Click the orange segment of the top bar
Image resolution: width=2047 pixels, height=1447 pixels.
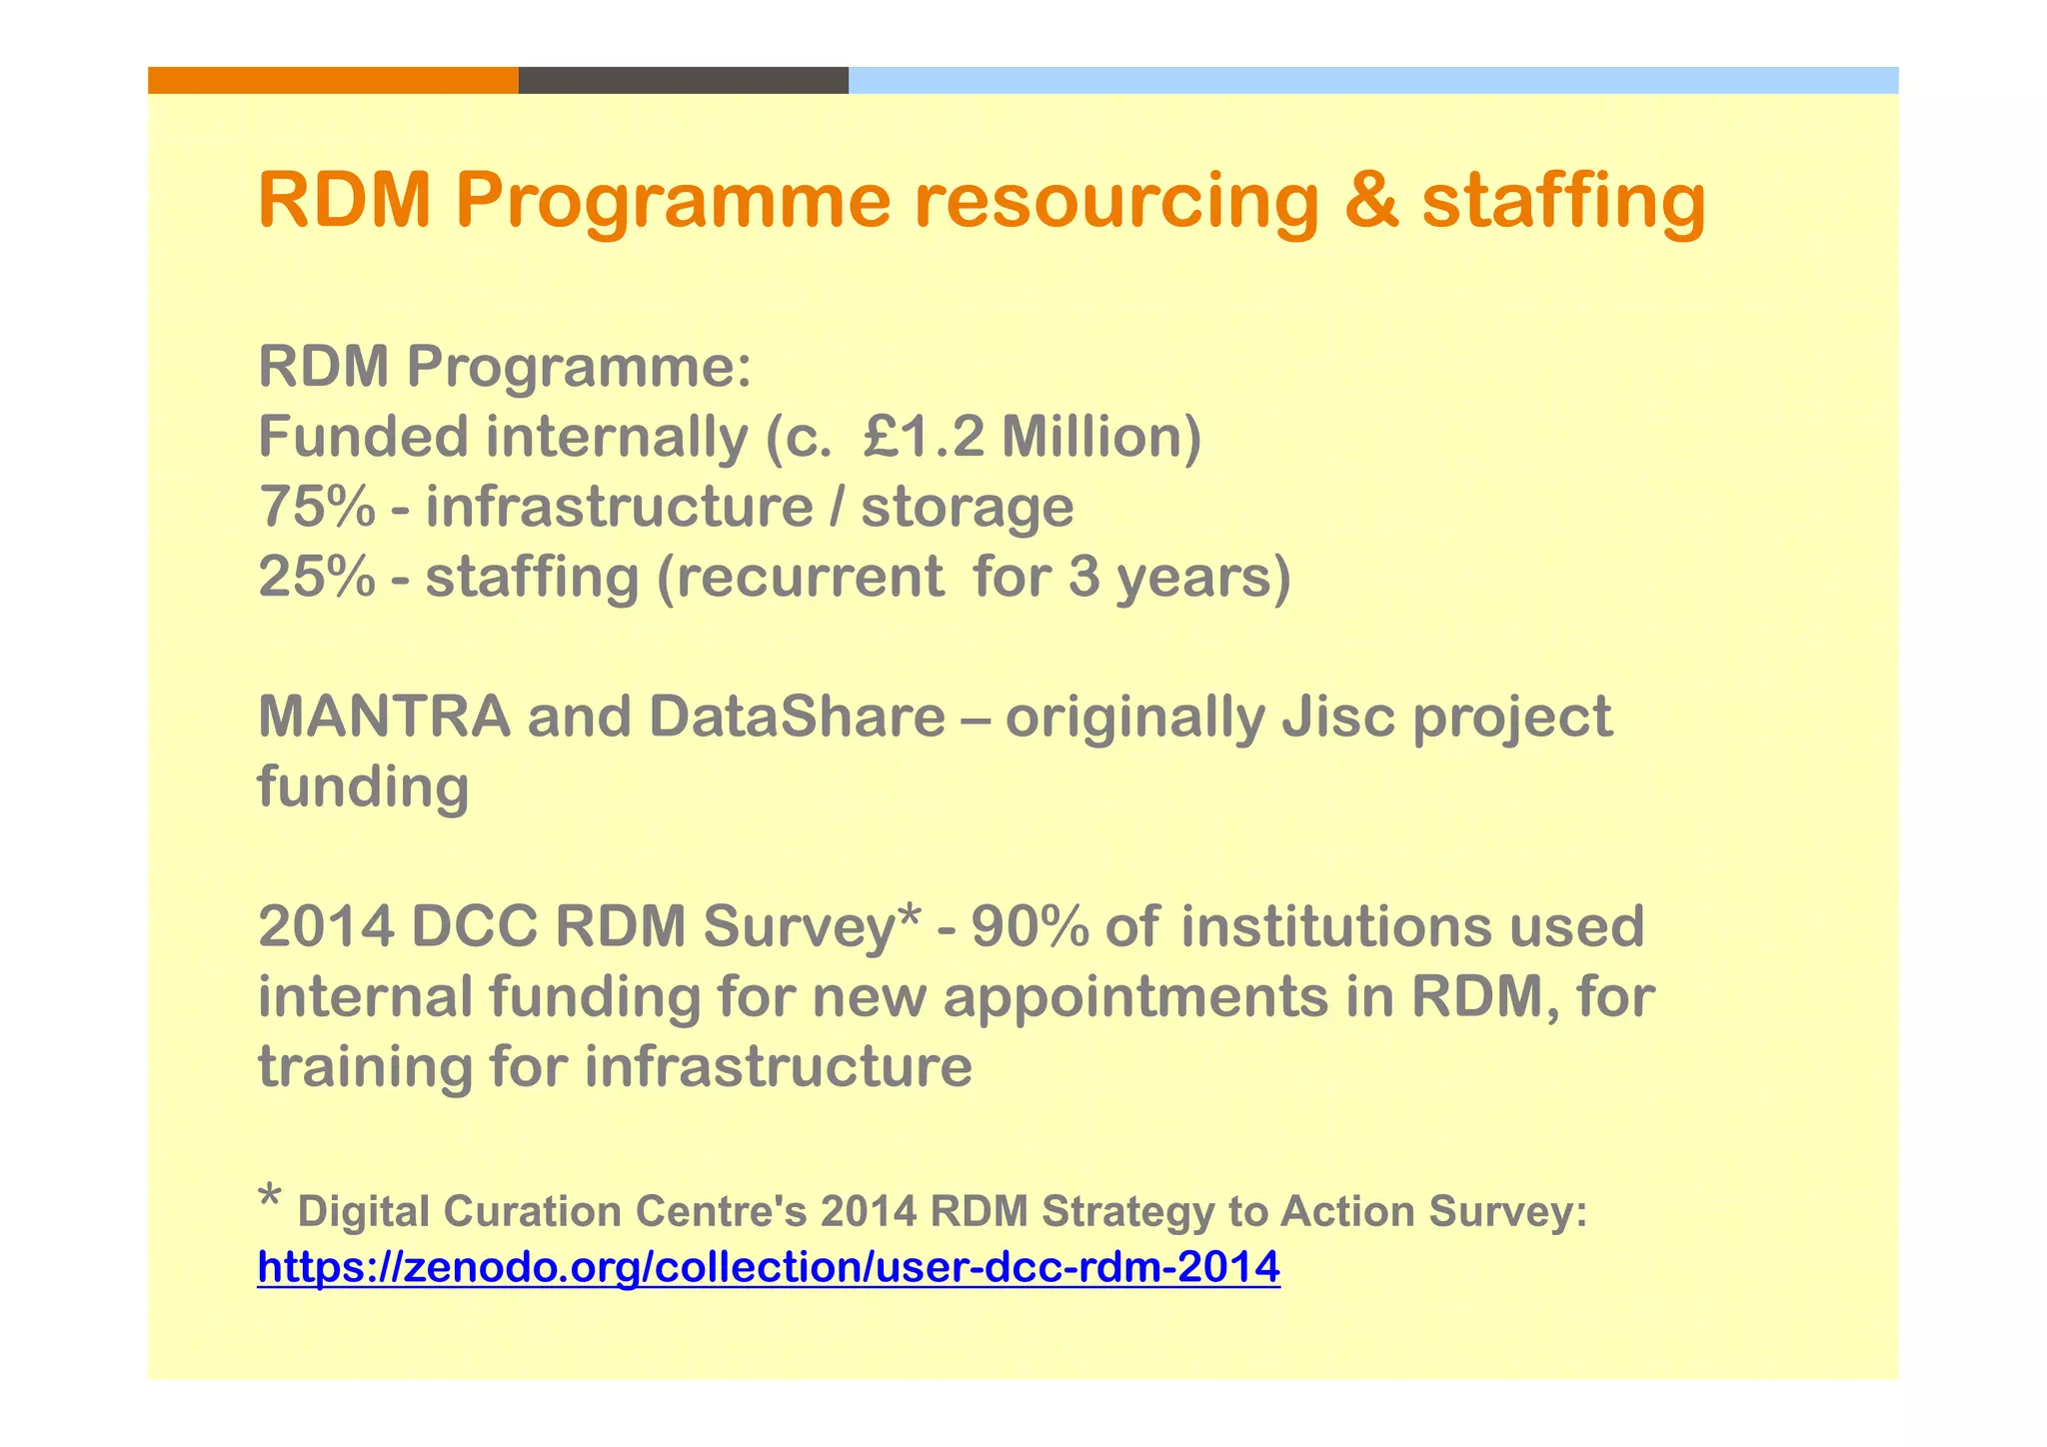333,80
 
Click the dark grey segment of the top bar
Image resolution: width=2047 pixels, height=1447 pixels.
683,80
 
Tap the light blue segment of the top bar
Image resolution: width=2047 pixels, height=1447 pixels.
1372,80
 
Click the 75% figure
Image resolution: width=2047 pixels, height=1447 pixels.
316,507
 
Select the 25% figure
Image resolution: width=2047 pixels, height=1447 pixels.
316,577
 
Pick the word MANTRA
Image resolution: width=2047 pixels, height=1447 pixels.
384,717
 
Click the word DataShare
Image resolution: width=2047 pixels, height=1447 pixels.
797,717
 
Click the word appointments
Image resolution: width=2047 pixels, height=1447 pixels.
1133,998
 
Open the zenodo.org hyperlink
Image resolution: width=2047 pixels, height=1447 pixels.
768,1267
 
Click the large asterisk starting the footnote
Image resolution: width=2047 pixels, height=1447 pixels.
269,1196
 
